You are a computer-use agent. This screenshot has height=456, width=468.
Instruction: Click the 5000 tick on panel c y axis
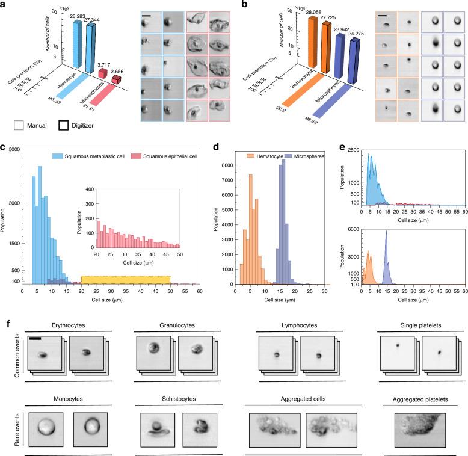coord(14,149)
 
